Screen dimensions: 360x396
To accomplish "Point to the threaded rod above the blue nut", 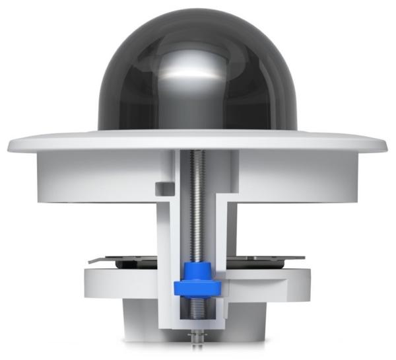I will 197,205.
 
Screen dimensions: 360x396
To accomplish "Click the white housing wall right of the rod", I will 297,172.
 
